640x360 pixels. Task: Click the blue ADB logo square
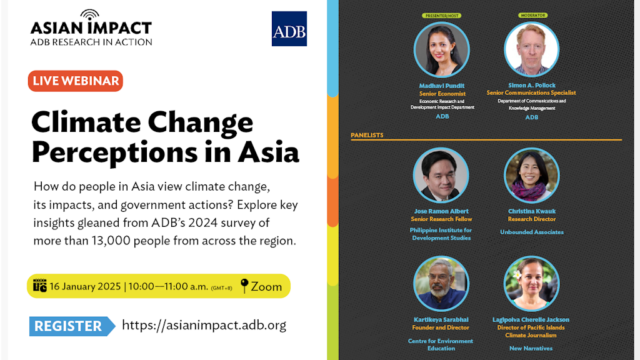coord(289,29)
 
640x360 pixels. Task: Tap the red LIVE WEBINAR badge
coord(76,81)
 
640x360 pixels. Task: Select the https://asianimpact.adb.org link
coord(204,325)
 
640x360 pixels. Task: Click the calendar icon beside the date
coord(39,286)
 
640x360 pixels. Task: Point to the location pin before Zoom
coord(244,286)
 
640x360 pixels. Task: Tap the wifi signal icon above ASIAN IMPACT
coord(90,15)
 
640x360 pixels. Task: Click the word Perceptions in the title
coord(115,152)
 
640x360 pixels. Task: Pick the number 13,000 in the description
coord(111,241)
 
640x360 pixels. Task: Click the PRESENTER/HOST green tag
coord(442,16)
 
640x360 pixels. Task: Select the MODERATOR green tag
coord(532,15)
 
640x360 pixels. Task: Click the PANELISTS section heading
coord(367,135)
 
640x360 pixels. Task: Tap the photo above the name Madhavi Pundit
coord(442,49)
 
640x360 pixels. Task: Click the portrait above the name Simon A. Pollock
coord(531,49)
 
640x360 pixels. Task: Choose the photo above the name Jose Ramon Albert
coord(441,175)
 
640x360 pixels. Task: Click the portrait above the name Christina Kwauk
coord(531,175)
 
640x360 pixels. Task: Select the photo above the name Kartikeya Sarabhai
coord(441,284)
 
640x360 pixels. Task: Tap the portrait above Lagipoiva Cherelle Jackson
coord(531,284)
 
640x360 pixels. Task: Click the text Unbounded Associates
coord(532,232)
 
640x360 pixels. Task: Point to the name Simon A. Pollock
coord(532,85)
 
